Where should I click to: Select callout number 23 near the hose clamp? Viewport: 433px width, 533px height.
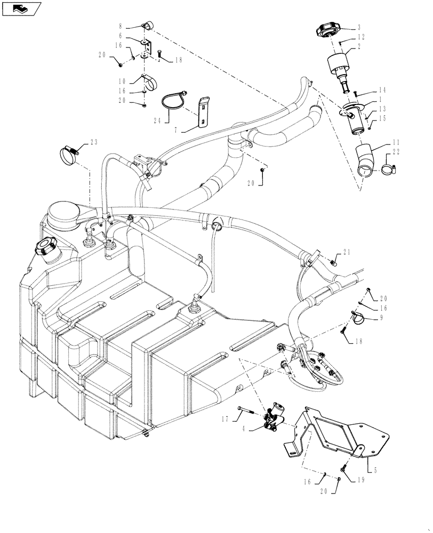pos(95,143)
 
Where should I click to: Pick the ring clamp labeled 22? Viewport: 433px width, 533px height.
pos(388,170)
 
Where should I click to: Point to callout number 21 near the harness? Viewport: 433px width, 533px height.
pos(347,252)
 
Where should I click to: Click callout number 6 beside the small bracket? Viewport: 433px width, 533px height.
pos(121,35)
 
